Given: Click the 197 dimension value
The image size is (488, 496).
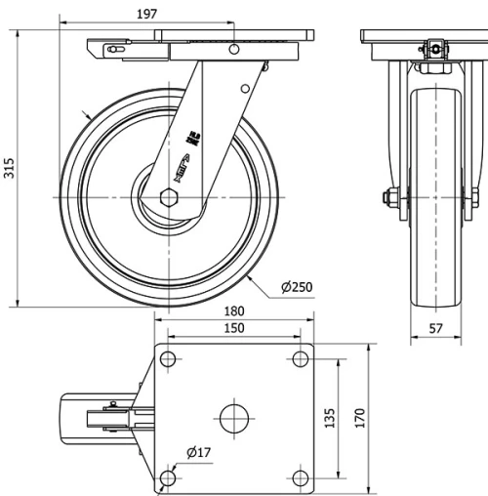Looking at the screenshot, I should coord(146,14).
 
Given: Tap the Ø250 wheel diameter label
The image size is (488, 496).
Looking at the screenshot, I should coord(297,287).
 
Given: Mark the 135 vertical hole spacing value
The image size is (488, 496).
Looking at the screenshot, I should coord(333,418).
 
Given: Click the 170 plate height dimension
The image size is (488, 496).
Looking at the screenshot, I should coord(360,418).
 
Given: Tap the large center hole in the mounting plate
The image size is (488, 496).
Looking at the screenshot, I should coord(234,418).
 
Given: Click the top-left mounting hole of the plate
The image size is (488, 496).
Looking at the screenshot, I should coord(167,360).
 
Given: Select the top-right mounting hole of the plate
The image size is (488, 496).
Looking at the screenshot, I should coord(300,360).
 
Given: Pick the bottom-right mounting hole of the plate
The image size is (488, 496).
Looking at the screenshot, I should coord(300,476).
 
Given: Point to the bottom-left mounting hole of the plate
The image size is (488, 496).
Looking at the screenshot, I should coord(167,476).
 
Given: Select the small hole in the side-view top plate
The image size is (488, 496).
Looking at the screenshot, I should coord(234,49).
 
